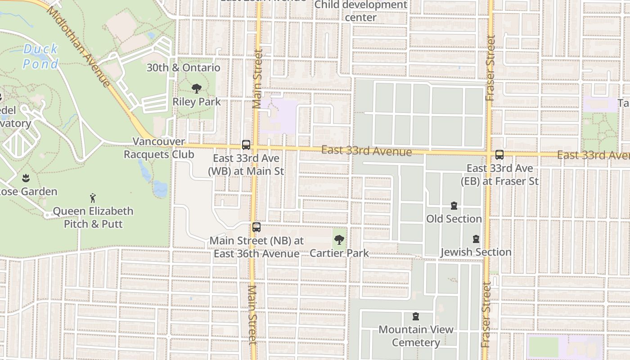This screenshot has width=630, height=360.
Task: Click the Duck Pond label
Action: point(40,56)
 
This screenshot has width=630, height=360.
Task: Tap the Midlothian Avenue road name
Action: point(78,46)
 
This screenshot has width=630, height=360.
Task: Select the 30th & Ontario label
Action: point(184,68)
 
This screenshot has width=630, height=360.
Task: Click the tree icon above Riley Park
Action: point(196,89)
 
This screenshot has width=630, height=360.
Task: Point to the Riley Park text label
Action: point(197,102)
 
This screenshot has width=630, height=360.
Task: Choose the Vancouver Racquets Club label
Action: point(159,148)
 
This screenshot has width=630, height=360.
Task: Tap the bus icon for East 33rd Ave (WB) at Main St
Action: point(246,145)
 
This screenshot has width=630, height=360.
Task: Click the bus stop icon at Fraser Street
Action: point(499,155)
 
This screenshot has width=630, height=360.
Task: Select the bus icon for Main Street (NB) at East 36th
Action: point(256,227)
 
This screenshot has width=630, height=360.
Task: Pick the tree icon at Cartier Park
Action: point(339,240)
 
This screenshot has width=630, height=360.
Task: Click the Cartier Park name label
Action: point(339,253)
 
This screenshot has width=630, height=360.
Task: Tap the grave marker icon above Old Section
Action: point(454,206)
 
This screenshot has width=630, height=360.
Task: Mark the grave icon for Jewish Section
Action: point(476,239)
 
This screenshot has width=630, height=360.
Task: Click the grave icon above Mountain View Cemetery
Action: point(416,317)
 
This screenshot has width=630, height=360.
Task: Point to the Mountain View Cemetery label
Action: point(416,336)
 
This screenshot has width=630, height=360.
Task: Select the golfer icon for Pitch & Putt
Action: point(93,198)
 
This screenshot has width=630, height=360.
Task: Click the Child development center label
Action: point(360,11)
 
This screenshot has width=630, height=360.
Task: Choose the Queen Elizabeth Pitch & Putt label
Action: point(93,217)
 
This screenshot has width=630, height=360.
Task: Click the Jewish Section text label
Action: point(476,252)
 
